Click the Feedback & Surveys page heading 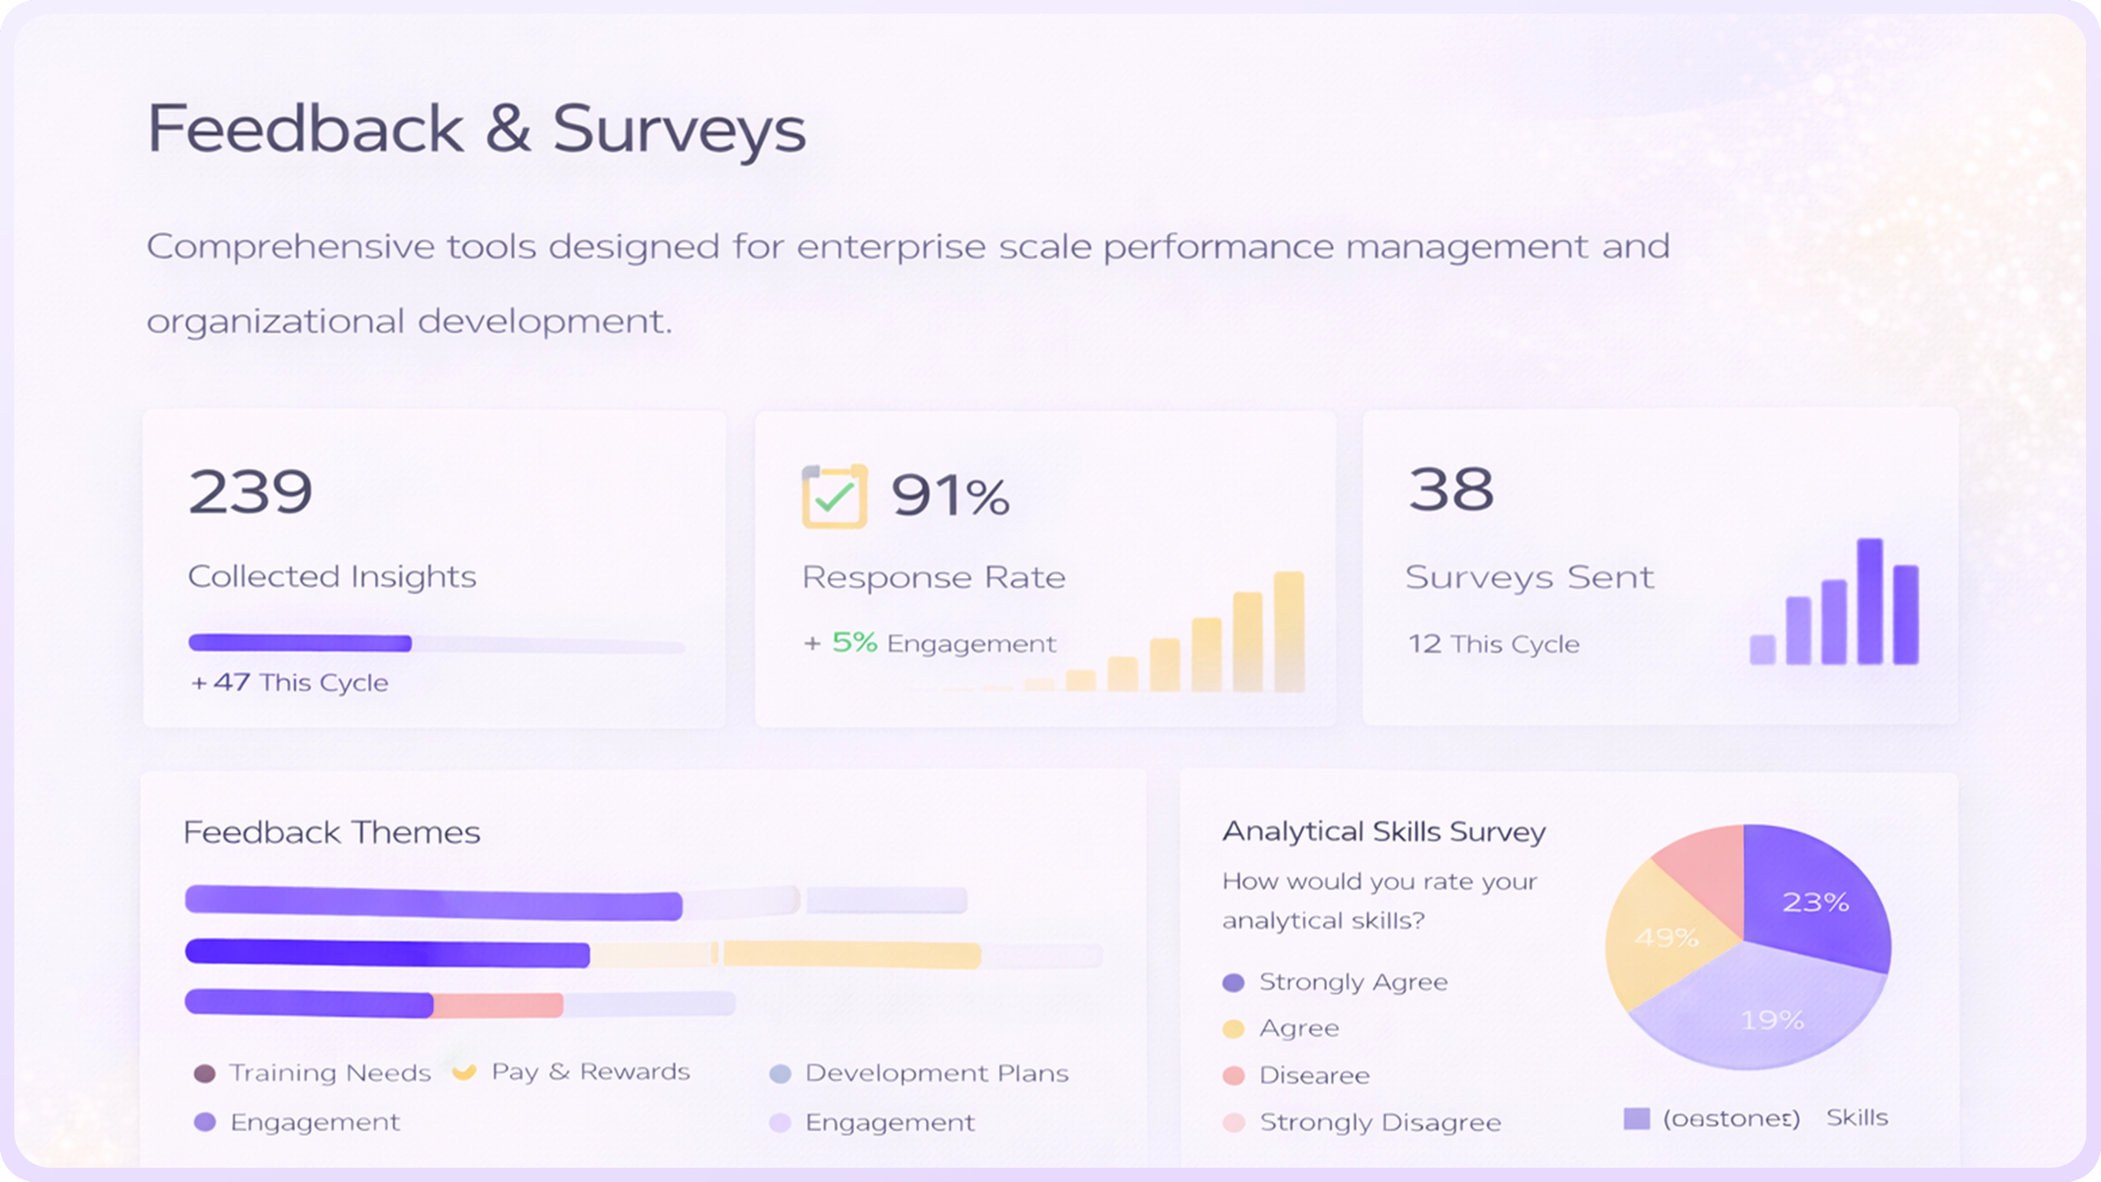(477, 129)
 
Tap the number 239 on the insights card (251, 492)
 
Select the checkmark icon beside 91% (833, 497)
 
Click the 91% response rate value (950, 495)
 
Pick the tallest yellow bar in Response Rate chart (1289, 631)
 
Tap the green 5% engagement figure (854, 643)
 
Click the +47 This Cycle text (289, 682)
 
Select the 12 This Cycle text (1493, 645)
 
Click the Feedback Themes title (331, 832)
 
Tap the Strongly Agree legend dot (1233, 983)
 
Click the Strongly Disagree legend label (1380, 1122)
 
